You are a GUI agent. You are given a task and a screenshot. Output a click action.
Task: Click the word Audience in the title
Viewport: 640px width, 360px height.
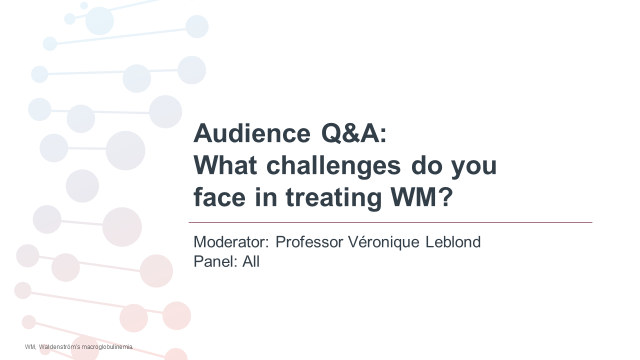(252, 133)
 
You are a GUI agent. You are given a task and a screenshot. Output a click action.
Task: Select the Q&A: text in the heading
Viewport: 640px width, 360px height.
(354, 133)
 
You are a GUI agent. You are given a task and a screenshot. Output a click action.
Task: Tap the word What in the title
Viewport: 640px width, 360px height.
(225, 165)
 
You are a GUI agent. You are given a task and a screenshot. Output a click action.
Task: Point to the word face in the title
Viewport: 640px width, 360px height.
(219, 197)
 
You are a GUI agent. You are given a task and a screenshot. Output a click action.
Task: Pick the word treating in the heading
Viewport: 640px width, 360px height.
(333, 198)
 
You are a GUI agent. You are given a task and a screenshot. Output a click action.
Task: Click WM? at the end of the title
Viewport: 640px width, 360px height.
(421, 197)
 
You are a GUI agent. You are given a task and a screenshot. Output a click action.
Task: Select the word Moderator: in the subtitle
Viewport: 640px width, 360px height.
(231, 242)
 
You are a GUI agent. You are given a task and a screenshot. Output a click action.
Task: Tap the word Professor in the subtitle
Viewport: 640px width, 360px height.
(309, 242)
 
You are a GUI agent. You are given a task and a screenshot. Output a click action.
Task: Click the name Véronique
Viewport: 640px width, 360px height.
(383, 242)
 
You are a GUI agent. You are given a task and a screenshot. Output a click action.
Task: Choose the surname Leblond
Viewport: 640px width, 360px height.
(453, 242)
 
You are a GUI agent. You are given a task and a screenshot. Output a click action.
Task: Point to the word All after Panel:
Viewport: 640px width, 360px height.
(251, 261)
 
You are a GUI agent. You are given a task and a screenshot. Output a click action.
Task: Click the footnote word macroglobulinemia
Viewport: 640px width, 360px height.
(107, 347)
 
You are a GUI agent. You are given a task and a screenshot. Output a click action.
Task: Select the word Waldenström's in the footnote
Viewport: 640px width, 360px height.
(59, 347)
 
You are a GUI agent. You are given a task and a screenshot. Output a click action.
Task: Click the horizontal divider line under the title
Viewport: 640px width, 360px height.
(390, 222)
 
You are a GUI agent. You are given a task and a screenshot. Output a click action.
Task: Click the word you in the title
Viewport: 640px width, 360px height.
(474, 168)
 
